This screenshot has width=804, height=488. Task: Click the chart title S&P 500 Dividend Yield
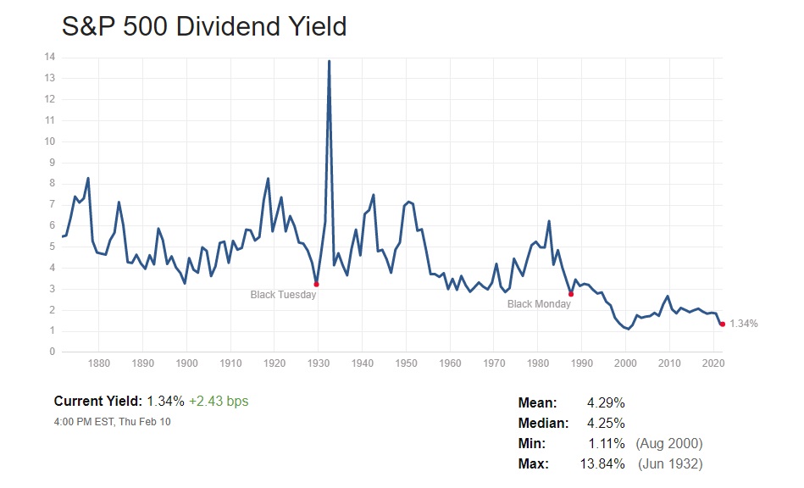[204, 26]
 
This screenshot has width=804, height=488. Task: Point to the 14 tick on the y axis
[51, 57]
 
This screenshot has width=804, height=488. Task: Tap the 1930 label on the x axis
[318, 364]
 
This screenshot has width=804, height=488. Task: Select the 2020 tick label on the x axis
[713, 364]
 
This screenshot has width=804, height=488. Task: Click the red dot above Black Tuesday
[316, 284]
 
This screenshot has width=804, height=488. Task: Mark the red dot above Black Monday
[571, 294]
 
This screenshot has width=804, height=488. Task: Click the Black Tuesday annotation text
[283, 295]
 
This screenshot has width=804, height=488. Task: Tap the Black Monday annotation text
[539, 304]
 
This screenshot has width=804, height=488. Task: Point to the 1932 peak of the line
[329, 61]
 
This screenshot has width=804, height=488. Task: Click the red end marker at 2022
[722, 324]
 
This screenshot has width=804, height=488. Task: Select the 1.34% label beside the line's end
[743, 324]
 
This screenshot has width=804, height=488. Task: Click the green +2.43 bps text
[219, 402]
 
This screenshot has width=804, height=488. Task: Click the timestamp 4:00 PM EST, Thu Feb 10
[112, 421]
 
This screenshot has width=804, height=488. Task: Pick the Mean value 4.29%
[605, 403]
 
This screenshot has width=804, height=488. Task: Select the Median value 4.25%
[605, 424]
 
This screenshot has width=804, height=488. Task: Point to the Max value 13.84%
[602, 464]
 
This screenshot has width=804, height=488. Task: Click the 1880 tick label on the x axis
[98, 364]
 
